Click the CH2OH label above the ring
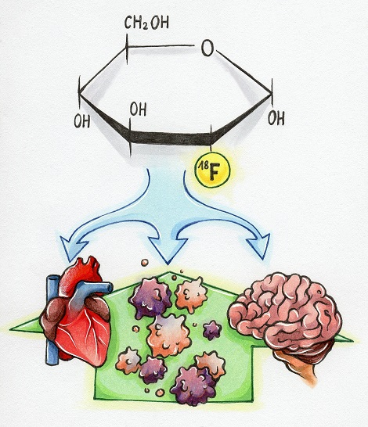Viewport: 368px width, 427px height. tap(146, 23)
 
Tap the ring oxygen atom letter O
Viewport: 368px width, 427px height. tap(207, 48)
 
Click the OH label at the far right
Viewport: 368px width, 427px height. tap(276, 118)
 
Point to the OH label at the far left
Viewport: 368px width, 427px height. tap(82, 121)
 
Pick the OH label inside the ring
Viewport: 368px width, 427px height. tap(138, 109)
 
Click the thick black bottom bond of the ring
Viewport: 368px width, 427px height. tap(171, 138)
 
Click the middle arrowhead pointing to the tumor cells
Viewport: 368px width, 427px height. tap(168, 250)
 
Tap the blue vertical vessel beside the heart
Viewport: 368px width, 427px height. tap(52, 321)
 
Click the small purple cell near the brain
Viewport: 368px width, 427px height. tap(212, 330)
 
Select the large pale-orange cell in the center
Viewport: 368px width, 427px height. tap(168, 335)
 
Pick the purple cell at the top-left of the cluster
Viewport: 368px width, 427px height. tap(150, 298)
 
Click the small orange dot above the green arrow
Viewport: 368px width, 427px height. tap(144, 263)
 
